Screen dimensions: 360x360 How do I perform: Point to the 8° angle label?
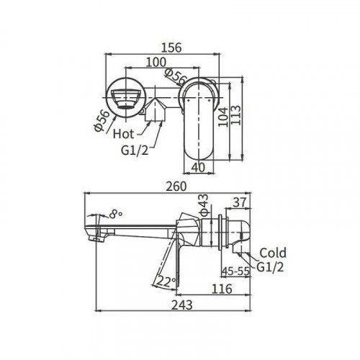(x=115, y=213)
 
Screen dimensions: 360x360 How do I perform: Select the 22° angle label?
(x=166, y=282)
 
